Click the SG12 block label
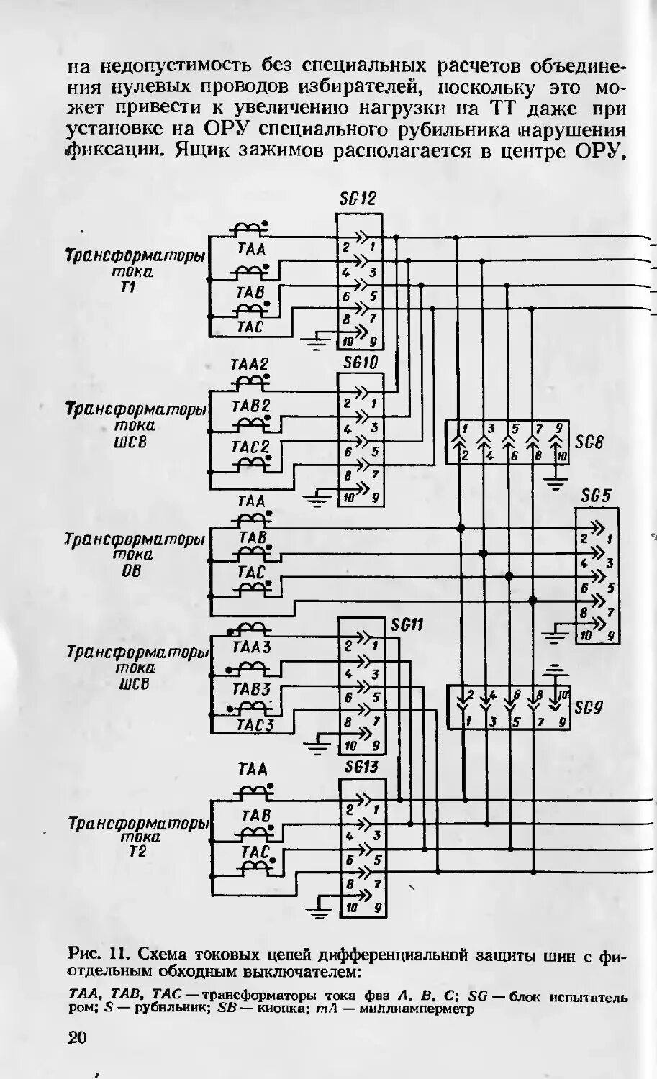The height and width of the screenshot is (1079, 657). tap(358, 199)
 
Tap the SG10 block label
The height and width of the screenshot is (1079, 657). tap(360, 363)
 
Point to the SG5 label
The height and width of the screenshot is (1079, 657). tap(596, 496)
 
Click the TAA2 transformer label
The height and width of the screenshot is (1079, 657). tap(249, 365)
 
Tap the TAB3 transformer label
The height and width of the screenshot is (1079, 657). tap(250, 689)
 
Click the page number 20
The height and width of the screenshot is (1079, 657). tap(76, 1037)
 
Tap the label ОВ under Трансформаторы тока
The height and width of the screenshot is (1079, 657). tap(132, 570)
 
